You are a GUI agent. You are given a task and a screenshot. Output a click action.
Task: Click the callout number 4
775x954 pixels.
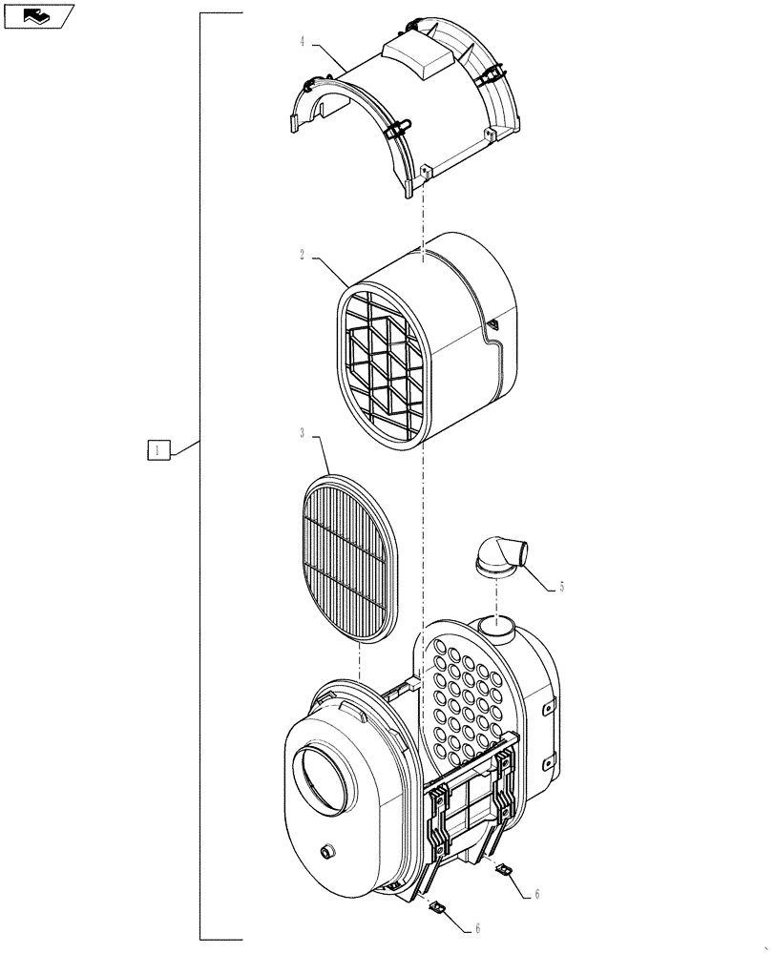pos(302,41)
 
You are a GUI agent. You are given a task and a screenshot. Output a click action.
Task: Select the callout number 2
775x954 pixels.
pos(302,255)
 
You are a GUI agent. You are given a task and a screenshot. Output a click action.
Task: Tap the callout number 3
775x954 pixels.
pos(302,433)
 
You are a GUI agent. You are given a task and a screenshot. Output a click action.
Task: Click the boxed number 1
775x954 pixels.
pos(158,448)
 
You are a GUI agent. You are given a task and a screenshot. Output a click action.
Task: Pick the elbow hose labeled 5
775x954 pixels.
pos(502,555)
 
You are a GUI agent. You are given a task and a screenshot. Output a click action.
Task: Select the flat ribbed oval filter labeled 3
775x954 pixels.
pos(347,558)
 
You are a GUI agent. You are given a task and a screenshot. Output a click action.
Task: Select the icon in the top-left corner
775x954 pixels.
pos(37,15)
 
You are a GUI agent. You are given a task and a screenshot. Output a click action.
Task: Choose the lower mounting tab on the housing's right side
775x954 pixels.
pos(548,761)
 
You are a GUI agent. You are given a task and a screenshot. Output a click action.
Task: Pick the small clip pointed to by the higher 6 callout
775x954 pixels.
pos(502,870)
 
